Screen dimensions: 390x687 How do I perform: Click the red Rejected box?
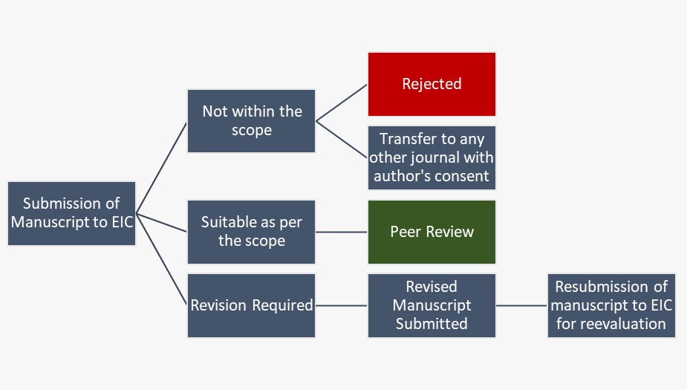[x=432, y=84]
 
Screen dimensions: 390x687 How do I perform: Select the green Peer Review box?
[x=432, y=232]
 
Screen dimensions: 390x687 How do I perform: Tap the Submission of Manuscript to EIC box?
[x=71, y=213]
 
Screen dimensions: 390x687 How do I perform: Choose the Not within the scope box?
[x=252, y=121]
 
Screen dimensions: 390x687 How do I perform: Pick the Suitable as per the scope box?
[x=252, y=232]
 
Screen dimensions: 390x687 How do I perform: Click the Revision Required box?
[x=252, y=305]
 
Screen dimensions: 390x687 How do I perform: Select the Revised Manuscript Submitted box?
[x=432, y=305]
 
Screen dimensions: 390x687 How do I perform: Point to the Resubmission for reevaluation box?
[x=611, y=305]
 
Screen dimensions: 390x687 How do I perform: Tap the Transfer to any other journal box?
[x=432, y=157]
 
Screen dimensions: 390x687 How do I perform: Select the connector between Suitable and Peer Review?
[x=342, y=232]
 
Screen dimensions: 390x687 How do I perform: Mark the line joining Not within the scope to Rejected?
[x=342, y=102]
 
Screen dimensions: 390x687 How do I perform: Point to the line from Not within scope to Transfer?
[x=342, y=139]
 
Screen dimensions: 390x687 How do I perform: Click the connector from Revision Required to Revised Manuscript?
[x=342, y=305]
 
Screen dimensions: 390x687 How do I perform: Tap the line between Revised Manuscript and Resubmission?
[x=521, y=305]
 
